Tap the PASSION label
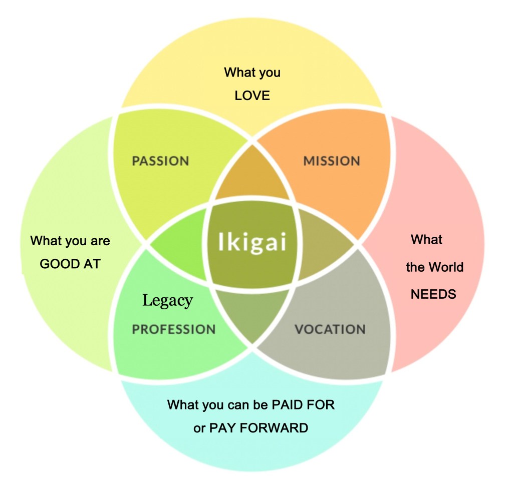pyautogui.click(x=160, y=161)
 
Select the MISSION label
pyautogui.click(x=332, y=161)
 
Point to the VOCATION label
pyautogui.click(x=330, y=329)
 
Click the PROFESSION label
pyautogui.click(x=173, y=329)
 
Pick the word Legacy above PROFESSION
pyautogui.click(x=167, y=300)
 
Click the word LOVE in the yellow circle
pyautogui.click(x=252, y=95)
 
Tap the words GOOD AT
pyautogui.click(x=70, y=264)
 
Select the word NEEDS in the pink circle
pyautogui.click(x=433, y=294)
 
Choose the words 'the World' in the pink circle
pyautogui.click(x=434, y=267)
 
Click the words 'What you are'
pyautogui.click(x=70, y=241)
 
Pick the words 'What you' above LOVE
pyautogui.click(x=252, y=72)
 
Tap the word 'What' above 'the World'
pyautogui.click(x=426, y=240)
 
